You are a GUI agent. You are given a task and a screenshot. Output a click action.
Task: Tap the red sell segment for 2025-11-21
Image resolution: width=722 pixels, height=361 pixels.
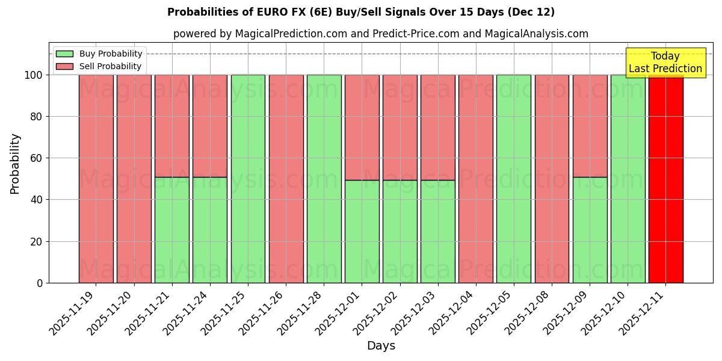[172, 126]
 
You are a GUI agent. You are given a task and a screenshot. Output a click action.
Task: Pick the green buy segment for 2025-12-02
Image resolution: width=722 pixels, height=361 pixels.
[400, 231]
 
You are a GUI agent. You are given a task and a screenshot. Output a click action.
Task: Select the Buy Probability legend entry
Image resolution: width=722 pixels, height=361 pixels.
[99, 54]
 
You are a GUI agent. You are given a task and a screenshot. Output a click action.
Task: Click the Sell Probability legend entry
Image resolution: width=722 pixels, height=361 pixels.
[99, 66]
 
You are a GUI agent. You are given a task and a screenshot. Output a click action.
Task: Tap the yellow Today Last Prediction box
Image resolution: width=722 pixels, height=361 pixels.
[665, 63]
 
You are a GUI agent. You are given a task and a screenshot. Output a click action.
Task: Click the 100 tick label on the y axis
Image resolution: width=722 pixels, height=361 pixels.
[33, 75]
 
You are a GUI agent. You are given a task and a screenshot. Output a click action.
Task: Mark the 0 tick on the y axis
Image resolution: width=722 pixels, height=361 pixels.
[40, 283]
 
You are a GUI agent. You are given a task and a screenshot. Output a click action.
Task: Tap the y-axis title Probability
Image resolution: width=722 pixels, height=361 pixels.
[15, 163]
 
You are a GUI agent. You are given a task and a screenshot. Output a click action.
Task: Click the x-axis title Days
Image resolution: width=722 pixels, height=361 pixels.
[381, 346]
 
